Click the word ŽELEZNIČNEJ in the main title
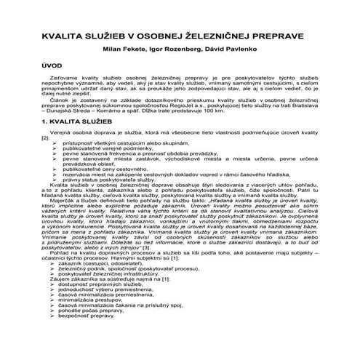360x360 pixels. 219,34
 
